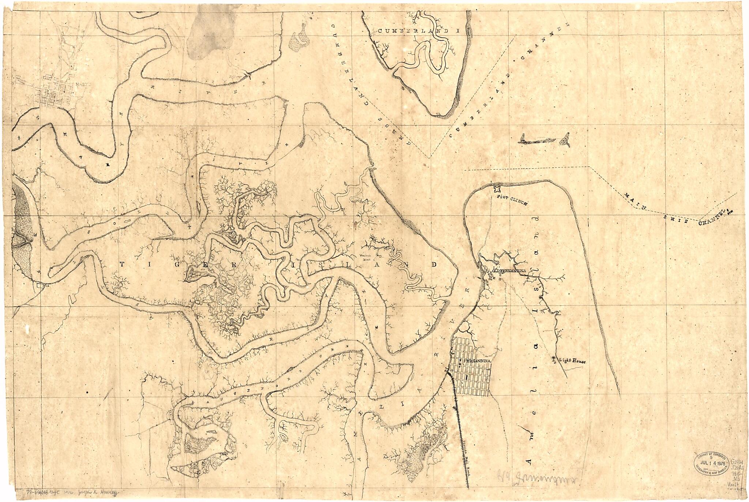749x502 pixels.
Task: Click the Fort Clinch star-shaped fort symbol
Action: click(x=497, y=189)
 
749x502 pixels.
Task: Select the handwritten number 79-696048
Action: click(x=39, y=492)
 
